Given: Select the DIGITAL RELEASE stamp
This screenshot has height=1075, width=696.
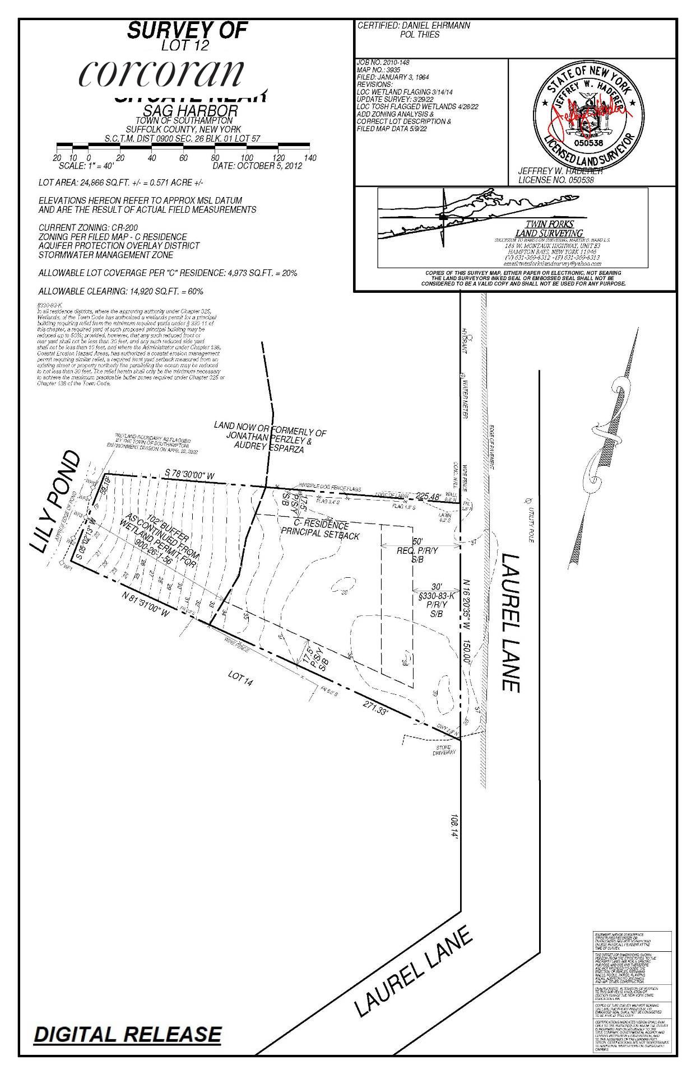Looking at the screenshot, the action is pyautogui.click(x=127, y=1034).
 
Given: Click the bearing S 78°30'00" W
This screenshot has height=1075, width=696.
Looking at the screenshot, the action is pyautogui.click(x=190, y=475).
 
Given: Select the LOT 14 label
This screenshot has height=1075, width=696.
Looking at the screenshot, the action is pyautogui.click(x=240, y=678).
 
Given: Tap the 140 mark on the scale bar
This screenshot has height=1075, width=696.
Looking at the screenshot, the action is pyautogui.click(x=310, y=158).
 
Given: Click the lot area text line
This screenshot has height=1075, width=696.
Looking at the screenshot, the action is pyautogui.click(x=120, y=183).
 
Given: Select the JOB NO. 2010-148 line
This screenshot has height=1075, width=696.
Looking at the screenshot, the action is pyautogui.click(x=379, y=62).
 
